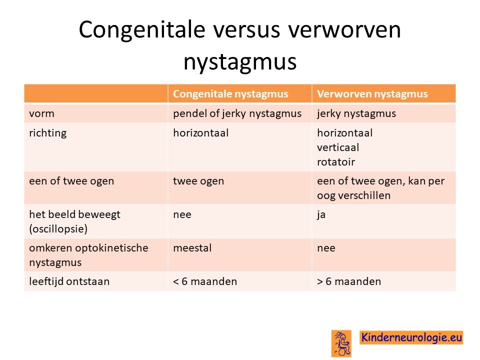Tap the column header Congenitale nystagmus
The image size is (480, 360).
(x=230, y=93)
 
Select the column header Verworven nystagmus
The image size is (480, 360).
(x=372, y=93)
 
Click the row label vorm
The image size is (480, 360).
(x=41, y=113)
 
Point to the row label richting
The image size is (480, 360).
(x=48, y=133)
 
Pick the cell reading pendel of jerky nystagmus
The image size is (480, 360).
(x=237, y=113)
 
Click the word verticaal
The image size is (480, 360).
(x=338, y=147)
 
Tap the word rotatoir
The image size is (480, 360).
(x=336, y=162)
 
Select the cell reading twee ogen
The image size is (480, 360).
(x=198, y=181)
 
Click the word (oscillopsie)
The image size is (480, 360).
(x=58, y=229)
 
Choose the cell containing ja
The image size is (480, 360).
(x=321, y=215)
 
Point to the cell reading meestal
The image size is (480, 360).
(x=192, y=247)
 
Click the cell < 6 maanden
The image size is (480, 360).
(x=205, y=281)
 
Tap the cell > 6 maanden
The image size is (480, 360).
(x=349, y=281)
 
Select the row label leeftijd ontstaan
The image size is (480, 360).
(x=69, y=281)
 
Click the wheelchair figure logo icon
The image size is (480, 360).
(x=341, y=343)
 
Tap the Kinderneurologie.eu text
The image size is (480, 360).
(x=411, y=337)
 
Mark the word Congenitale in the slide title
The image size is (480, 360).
(x=141, y=29)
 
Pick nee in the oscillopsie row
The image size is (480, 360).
(x=182, y=215)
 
